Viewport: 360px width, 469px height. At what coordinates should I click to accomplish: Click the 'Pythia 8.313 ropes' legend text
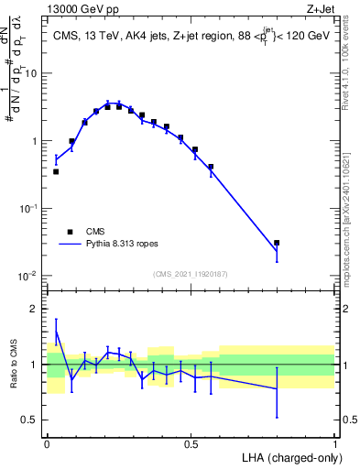click(124, 245)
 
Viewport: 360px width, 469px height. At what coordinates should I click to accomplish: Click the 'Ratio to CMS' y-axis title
click(13, 365)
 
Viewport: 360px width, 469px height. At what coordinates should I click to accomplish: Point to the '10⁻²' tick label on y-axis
click(30, 276)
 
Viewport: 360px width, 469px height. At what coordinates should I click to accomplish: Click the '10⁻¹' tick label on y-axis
click(30, 208)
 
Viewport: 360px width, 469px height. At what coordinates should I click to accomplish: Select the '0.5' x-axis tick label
click(191, 444)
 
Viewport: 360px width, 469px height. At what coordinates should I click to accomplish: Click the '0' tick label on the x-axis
click(47, 444)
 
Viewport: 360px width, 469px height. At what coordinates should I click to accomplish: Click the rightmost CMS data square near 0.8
click(277, 243)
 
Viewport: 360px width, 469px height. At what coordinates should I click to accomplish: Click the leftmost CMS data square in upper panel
click(56, 171)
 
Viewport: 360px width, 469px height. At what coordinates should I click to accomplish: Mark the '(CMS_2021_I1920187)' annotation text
click(190, 274)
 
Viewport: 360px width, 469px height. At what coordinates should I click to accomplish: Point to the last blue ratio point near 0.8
click(277, 389)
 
